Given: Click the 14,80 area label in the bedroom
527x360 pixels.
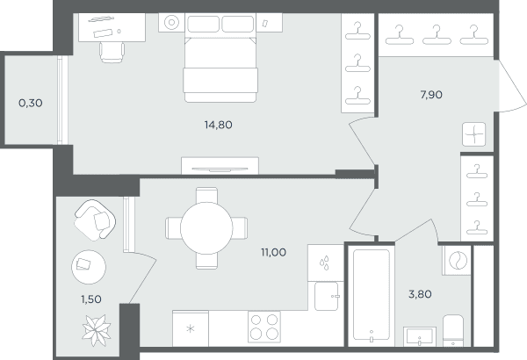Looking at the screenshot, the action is pos(218,125).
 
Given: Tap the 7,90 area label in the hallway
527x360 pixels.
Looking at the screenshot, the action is pos(431,95).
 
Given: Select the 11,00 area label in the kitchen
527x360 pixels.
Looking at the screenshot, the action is pos(273,252).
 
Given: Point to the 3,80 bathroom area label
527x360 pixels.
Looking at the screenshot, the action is pos(420,294).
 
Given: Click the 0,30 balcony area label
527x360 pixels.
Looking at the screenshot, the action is pos(31,104).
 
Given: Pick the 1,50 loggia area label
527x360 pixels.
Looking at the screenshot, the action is pos(91,299).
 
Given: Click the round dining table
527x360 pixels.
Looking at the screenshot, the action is pos(206,228).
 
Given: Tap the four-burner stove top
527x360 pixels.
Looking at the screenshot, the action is pos(264,327).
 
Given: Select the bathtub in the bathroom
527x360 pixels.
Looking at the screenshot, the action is pos(372,295).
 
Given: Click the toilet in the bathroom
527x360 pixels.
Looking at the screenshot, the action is pos(453,330).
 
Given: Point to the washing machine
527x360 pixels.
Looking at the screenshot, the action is pos(457,261).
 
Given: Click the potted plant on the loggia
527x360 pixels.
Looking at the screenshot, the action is pos(97,330).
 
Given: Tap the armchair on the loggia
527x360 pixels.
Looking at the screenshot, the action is pos(95,220).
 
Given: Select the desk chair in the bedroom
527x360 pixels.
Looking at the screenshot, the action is pos(112,52).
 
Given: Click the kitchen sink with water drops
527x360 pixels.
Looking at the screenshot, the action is pos(326,263).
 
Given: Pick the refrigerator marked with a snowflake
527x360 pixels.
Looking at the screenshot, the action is pos(191,328).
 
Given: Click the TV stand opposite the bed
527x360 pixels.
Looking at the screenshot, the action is pos(220,166).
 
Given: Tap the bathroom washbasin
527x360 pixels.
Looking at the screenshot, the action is pos(420,336).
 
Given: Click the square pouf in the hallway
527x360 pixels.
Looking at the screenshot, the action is pos(474,134).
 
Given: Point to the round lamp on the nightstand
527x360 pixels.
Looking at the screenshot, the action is pos(171,23).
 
